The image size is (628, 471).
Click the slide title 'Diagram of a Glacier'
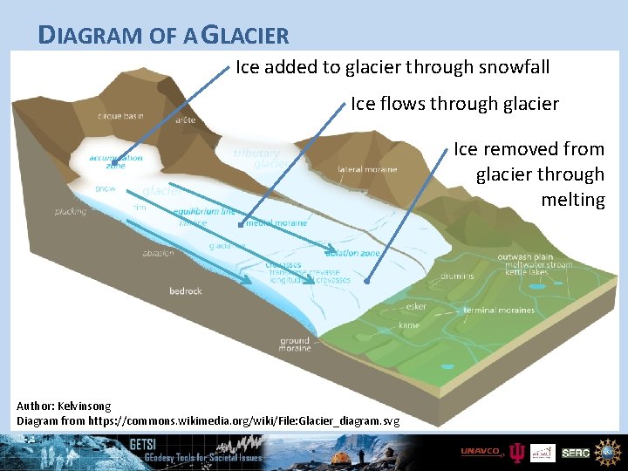164,35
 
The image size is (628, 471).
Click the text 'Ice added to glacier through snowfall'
392,67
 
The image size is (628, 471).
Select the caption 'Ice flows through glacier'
454,104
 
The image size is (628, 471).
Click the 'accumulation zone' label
116,161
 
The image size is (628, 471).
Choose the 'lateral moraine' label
367,168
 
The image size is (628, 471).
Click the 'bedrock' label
186,290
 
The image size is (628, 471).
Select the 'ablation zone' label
354,253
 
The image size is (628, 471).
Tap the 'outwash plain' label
526,256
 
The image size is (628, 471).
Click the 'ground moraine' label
295,345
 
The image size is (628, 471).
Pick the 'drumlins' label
457,276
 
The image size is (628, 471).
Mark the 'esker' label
416,306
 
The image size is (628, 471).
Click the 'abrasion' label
158,253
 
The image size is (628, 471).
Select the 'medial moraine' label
276,223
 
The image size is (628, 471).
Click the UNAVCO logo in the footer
481,451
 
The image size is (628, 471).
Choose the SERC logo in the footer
575,452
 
